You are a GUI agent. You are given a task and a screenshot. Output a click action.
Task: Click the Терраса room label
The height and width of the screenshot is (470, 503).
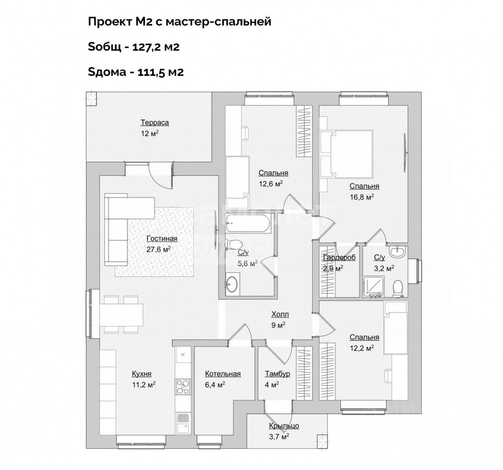tap(155, 123)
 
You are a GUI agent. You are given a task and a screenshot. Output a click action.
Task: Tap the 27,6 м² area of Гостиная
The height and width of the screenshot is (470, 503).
tap(159, 249)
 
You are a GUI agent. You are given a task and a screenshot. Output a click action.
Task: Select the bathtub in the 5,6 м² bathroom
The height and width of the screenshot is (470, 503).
tap(248, 223)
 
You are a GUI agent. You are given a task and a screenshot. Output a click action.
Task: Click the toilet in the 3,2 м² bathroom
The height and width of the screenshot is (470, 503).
tap(398, 288)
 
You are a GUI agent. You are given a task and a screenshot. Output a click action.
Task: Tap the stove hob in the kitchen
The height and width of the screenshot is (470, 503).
tap(183, 386)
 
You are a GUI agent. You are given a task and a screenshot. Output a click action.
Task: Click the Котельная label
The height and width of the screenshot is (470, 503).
tap(223, 374)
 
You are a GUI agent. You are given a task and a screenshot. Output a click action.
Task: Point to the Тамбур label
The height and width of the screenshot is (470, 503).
tap(277, 374)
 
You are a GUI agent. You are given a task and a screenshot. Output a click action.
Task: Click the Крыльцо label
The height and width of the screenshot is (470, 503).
tap(284, 426)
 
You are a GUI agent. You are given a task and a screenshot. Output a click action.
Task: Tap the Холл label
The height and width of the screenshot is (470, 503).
tap(280, 314)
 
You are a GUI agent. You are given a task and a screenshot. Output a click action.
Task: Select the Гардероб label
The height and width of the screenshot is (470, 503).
tap(340, 258)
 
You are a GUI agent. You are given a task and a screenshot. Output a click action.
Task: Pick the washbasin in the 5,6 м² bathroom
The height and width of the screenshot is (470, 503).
tap(232, 283)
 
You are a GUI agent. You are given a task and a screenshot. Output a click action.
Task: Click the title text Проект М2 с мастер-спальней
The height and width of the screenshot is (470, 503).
tap(180, 21)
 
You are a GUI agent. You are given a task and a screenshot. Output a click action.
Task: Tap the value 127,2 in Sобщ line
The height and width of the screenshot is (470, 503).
tap(147, 47)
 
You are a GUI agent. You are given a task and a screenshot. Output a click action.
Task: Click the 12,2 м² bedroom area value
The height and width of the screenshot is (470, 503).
tap(362, 348)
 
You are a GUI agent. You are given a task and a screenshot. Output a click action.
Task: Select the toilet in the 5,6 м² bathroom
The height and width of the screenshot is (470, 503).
tap(232, 245)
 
